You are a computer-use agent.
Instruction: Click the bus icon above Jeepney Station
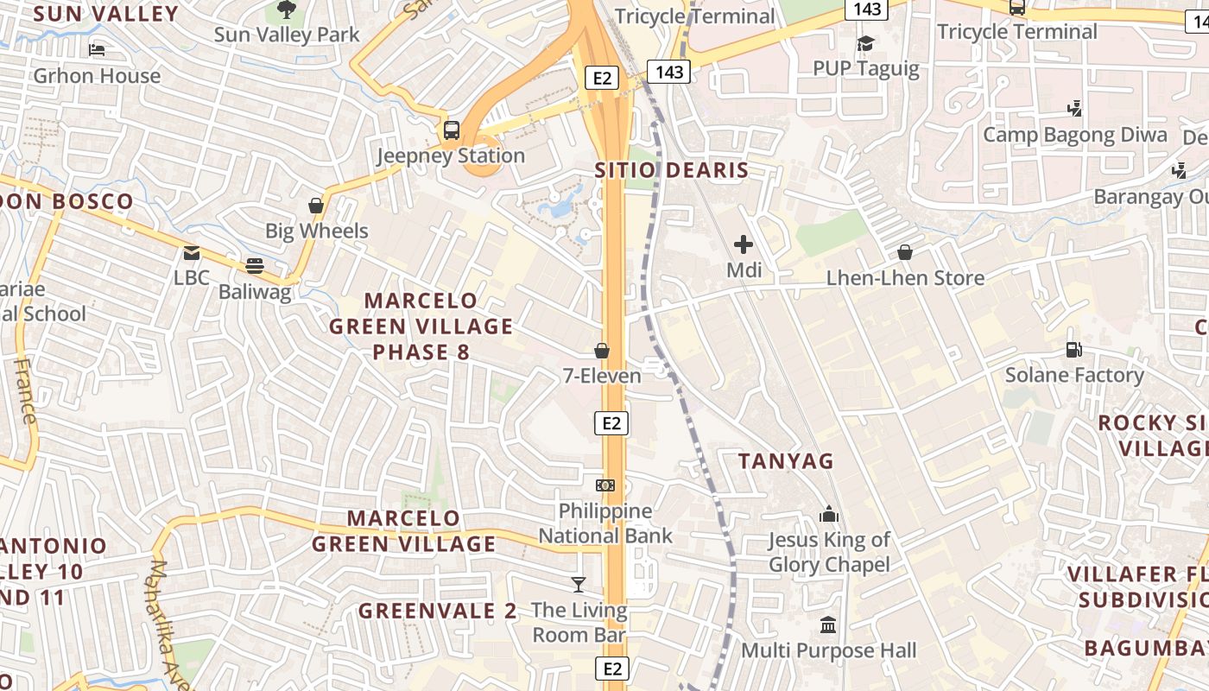pyautogui.click(x=452, y=130)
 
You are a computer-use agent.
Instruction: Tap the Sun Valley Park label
pyautogui.click(x=287, y=35)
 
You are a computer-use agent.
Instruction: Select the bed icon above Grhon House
pyautogui.click(x=97, y=50)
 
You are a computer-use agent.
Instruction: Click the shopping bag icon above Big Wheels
pyautogui.click(x=316, y=206)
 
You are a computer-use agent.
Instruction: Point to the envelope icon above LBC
pyautogui.click(x=191, y=253)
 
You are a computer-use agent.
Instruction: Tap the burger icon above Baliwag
pyautogui.click(x=254, y=266)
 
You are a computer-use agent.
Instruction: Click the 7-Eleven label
pyautogui.click(x=602, y=376)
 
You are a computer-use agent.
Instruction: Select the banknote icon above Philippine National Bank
pyautogui.click(x=605, y=485)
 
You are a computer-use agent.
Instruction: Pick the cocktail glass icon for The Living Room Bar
pyautogui.click(x=579, y=585)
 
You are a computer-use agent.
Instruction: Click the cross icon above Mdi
pyautogui.click(x=743, y=244)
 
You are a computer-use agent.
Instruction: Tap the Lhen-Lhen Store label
pyautogui.click(x=905, y=278)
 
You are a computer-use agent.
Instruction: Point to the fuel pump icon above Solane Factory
pyautogui.click(x=1074, y=350)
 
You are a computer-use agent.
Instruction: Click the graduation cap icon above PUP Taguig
pyautogui.click(x=865, y=43)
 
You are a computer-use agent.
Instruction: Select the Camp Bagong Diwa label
pyautogui.click(x=1075, y=135)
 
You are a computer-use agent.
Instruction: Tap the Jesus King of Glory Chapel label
pyautogui.click(x=829, y=553)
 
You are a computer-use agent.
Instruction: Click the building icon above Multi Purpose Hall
pyautogui.click(x=828, y=624)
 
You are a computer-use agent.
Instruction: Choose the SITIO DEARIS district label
pyautogui.click(x=671, y=170)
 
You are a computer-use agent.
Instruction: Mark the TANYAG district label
pyautogui.click(x=786, y=461)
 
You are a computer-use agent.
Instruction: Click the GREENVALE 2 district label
pyautogui.click(x=438, y=612)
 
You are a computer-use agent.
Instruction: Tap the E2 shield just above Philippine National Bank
pyautogui.click(x=611, y=423)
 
